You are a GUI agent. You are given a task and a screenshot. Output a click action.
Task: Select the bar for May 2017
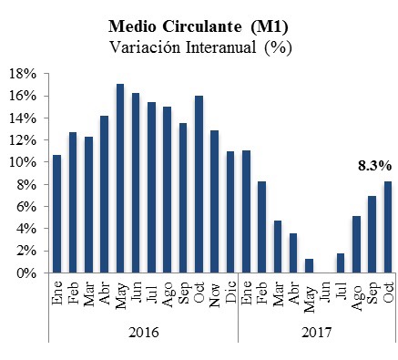pyautogui.click(x=309, y=266)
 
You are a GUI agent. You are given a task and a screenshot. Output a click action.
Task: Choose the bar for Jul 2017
pyautogui.click(x=340, y=263)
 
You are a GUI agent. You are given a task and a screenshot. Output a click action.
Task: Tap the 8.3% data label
pyautogui.click(x=373, y=166)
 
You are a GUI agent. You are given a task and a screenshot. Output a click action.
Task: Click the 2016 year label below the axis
pyautogui.click(x=144, y=333)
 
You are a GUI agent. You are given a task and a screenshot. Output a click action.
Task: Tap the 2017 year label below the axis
pyautogui.click(x=316, y=333)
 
